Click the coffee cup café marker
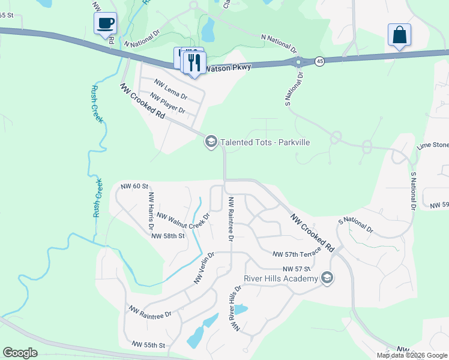point(106,23)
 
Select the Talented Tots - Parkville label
point(265,142)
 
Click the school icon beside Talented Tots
point(211,142)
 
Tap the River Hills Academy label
point(280,278)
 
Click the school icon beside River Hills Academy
point(327,277)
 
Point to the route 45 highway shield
point(320,61)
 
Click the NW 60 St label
point(134,187)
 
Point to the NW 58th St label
point(167,236)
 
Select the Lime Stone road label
point(433,146)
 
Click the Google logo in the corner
point(20,353)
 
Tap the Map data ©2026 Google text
point(412,355)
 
